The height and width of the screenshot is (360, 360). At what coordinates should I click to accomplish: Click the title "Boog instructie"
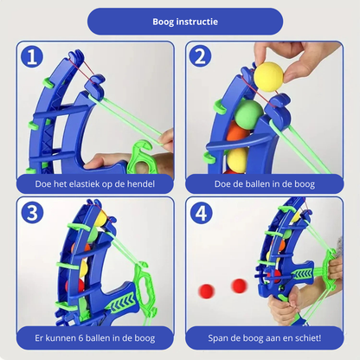[185, 22]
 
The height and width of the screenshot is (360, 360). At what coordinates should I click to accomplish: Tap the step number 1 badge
[32, 56]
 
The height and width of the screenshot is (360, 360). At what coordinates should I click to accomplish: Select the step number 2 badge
[200, 56]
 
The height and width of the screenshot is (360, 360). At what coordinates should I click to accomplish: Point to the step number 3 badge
[32, 213]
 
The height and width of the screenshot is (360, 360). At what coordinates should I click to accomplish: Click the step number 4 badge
[201, 213]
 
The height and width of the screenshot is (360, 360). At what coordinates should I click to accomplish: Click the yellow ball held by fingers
[268, 77]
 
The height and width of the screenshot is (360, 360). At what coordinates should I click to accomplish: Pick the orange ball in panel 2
[238, 133]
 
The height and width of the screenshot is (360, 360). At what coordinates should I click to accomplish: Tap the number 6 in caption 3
[81, 338]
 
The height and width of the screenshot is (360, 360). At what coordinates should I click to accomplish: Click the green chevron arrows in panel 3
[122, 304]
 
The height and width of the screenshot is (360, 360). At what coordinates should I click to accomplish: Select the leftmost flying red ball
[207, 291]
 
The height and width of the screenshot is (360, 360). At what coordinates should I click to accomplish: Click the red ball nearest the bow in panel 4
[239, 286]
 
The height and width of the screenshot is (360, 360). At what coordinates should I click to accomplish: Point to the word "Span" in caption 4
[217, 338]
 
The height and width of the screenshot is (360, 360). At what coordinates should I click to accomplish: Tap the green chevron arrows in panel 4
[302, 273]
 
